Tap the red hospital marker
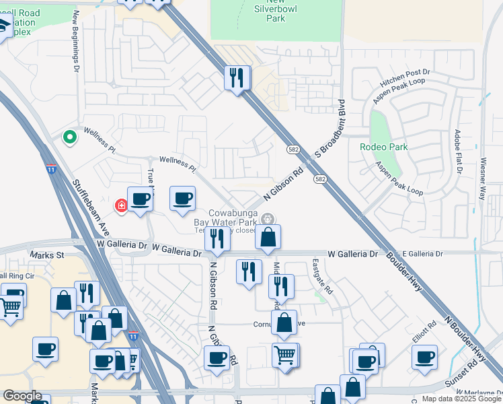(122, 205)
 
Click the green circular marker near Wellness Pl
(69, 137)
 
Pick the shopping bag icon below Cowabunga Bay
(268, 237)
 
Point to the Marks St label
(46, 255)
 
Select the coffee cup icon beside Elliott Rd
(424, 356)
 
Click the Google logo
(23, 396)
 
